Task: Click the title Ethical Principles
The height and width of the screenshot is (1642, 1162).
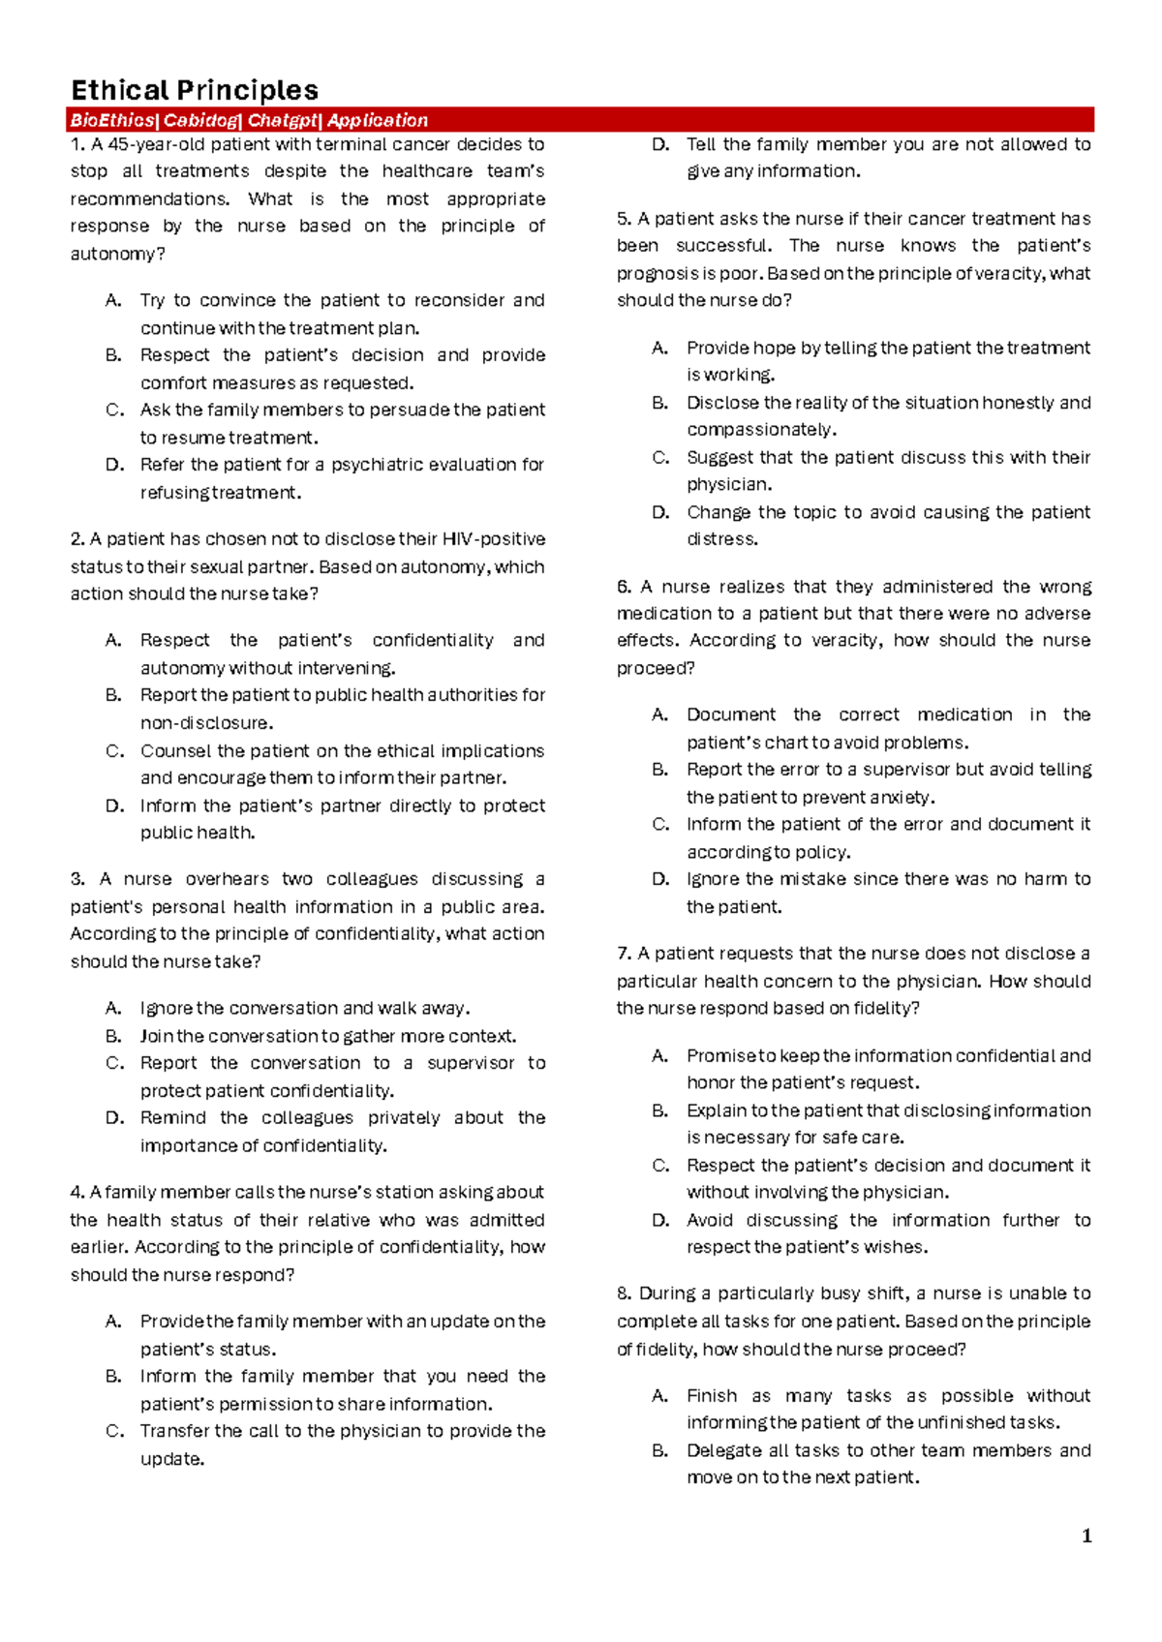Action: click(195, 91)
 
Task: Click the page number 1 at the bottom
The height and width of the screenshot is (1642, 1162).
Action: click(1086, 1536)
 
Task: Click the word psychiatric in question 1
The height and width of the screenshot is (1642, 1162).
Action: click(372, 465)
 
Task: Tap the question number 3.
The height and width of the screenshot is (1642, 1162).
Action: click(77, 879)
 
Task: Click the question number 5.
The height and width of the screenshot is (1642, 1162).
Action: click(624, 219)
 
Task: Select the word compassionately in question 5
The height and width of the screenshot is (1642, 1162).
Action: click(761, 429)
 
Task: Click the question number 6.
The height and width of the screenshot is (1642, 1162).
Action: click(624, 587)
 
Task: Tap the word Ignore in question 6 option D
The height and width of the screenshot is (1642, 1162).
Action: click(714, 879)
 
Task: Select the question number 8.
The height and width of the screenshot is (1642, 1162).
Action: click(624, 1293)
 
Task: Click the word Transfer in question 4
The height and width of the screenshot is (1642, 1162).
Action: click(175, 1431)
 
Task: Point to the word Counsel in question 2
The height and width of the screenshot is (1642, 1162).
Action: click(176, 750)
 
